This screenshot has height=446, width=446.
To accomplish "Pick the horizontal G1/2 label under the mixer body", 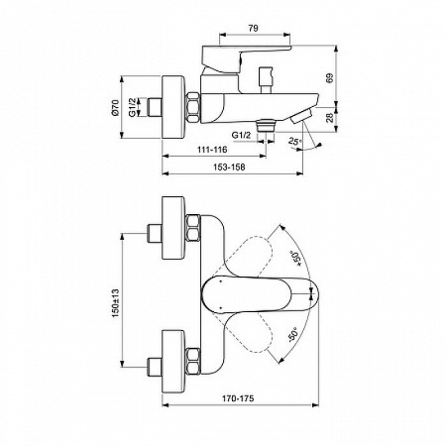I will click(x=241, y=134).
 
